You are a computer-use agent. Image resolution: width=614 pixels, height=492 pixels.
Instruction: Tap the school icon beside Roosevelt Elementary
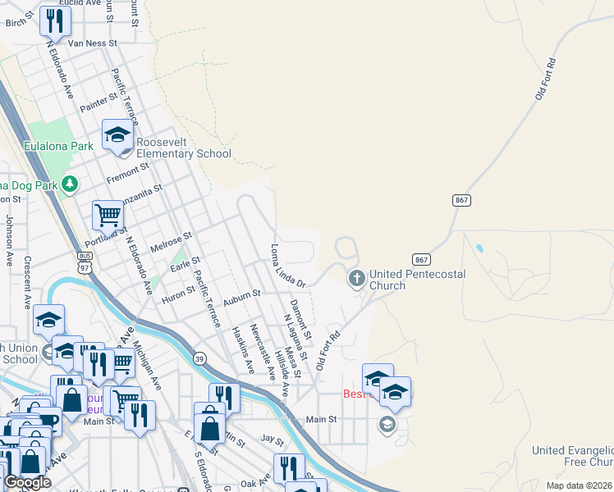(117, 135)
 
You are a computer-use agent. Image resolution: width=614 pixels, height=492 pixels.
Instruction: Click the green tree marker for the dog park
(71, 184)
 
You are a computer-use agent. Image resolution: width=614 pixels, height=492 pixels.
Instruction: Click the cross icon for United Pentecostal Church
(356, 279)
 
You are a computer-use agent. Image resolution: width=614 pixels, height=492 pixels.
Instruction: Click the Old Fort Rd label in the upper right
(546, 79)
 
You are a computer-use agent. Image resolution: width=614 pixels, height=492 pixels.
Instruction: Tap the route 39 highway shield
(199, 358)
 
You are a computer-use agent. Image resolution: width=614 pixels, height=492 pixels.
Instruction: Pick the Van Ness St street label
(93, 43)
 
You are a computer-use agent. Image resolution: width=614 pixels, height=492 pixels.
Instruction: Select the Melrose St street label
(171, 241)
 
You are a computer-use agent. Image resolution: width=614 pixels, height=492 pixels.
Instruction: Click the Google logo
(27, 482)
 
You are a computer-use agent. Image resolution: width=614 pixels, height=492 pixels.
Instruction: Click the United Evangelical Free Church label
(572, 456)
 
